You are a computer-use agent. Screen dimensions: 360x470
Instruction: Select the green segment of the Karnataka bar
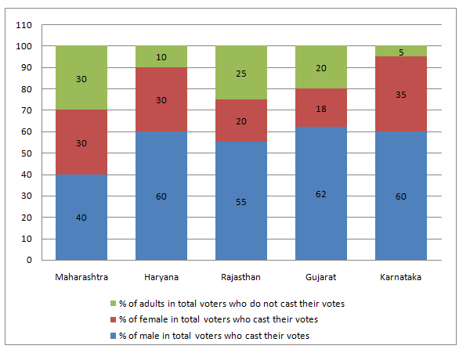tap(401, 51)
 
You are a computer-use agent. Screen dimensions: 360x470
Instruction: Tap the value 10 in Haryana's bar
tap(161, 57)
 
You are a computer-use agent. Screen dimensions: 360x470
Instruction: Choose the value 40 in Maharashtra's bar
tap(81, 217)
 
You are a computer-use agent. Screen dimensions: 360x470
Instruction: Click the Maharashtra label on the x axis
tap(81, 276)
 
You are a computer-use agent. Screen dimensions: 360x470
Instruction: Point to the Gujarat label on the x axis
tap(321, 276)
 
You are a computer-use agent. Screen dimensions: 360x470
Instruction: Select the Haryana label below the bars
tap(161, 276)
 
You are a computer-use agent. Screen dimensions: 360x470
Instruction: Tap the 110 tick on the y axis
tap(23, 25)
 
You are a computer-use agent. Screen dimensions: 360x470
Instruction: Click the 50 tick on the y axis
tap(25, 153)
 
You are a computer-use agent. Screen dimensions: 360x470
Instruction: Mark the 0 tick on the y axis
tap(27, 260)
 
